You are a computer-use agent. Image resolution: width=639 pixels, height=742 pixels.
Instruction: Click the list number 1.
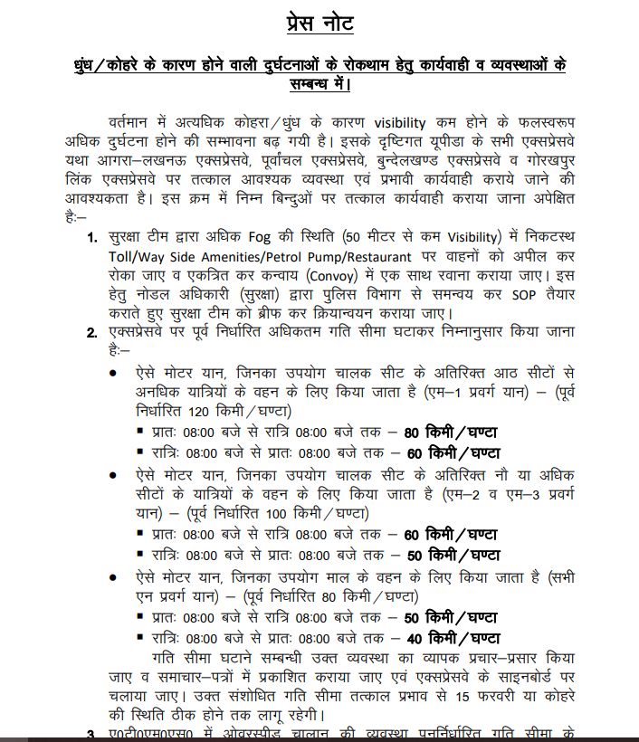click(x=91, y=239)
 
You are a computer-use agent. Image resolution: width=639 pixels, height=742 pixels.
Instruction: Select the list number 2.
click(x=91, y=333)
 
